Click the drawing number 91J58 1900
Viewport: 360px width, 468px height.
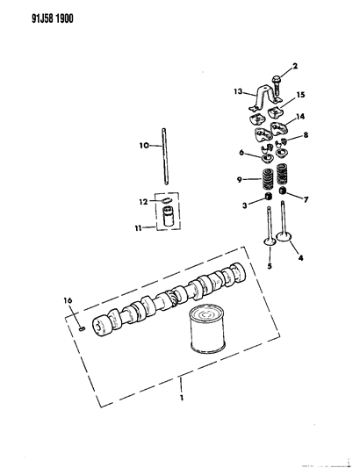(36, 15)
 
